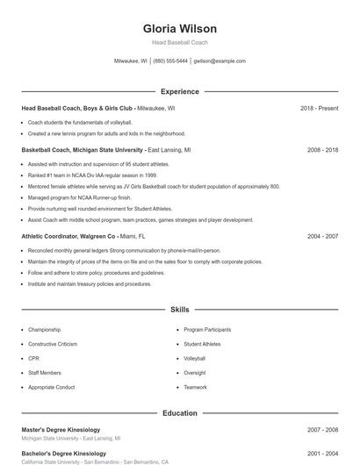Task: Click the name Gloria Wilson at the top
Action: tap(179, 29)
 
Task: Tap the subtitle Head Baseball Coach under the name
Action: tap(179, 43)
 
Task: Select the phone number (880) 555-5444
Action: tap(170, 61)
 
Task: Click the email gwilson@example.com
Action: tap(220, 61)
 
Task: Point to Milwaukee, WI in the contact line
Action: tap(131, 61)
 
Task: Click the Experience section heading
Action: tap(179, 91)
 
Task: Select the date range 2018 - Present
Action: tap(319, 108)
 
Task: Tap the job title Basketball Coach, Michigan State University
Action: tap(83, 150)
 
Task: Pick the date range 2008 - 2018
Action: tap(322, 150)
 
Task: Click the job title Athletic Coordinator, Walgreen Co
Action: tap(68, 236)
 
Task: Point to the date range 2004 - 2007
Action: tap(322, 236)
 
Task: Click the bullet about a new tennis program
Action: tap(106, 133)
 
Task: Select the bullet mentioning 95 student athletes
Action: tap(98, 164)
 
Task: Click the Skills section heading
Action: tap(179, 310)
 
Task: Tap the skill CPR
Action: tap(33, 358)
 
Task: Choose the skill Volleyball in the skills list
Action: tap(194, 358)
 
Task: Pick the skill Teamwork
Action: tap(195, 387)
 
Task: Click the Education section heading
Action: tap(179, 412)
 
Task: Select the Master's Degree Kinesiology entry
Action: tap(61, 430)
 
